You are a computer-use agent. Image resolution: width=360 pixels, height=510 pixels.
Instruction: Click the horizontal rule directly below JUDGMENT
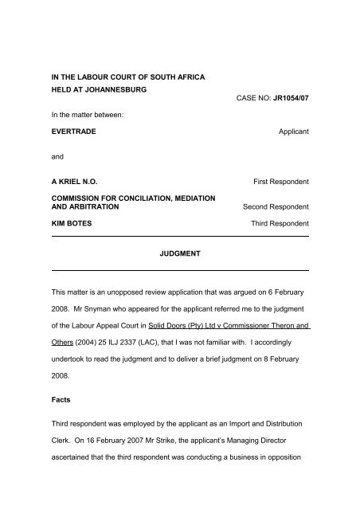pyautogui.click(x=180, y=272)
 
